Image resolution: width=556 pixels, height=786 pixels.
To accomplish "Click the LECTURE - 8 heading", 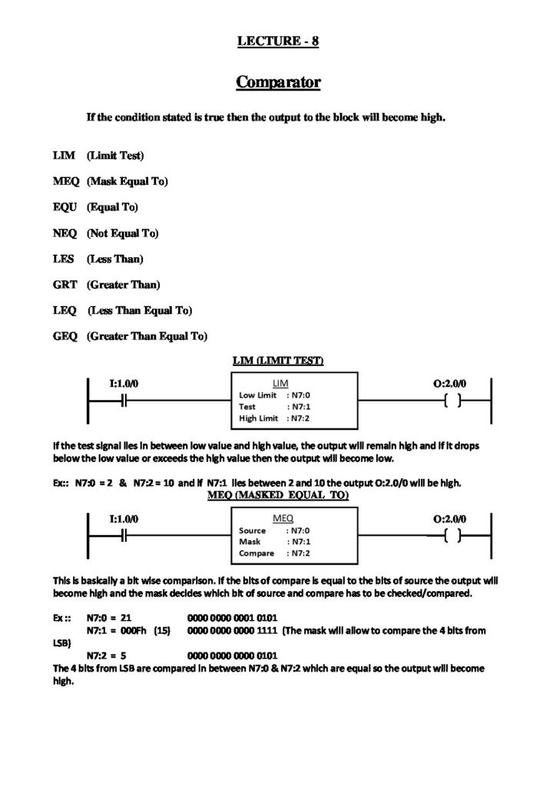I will tap(277, 41).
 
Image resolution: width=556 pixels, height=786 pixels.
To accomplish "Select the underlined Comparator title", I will tap(277, 81).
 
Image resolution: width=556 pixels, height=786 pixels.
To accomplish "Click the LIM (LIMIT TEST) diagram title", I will tap(278, 361).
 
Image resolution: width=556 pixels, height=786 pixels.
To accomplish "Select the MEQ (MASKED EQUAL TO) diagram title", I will tap(278, 496).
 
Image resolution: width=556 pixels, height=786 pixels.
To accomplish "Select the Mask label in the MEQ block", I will tap(250, 541).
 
